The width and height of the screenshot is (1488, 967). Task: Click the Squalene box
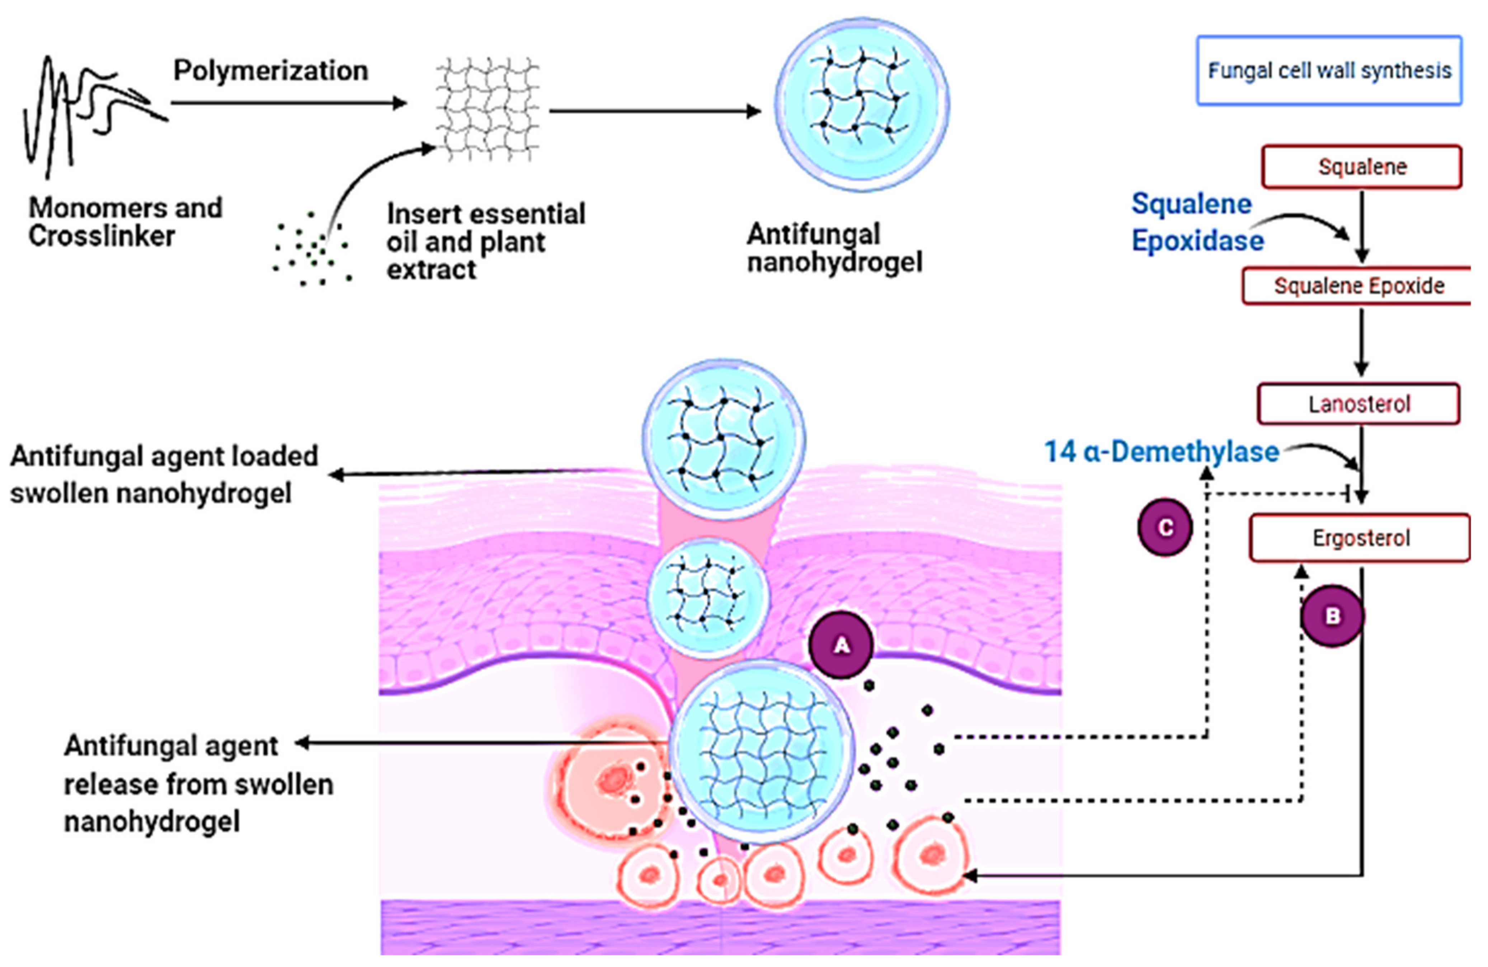(1361, 167)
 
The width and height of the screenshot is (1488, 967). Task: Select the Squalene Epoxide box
(1358, 286)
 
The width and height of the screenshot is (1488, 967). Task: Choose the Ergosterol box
(1360, 538)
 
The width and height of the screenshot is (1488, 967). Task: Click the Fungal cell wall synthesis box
(1329, 70)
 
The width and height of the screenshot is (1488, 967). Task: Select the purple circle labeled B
(1332, 616)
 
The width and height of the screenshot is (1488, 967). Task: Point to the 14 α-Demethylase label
(1161, 451)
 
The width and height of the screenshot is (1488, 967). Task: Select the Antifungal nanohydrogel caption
(834, 248)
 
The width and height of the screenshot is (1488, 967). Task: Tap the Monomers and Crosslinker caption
(125, 222)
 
